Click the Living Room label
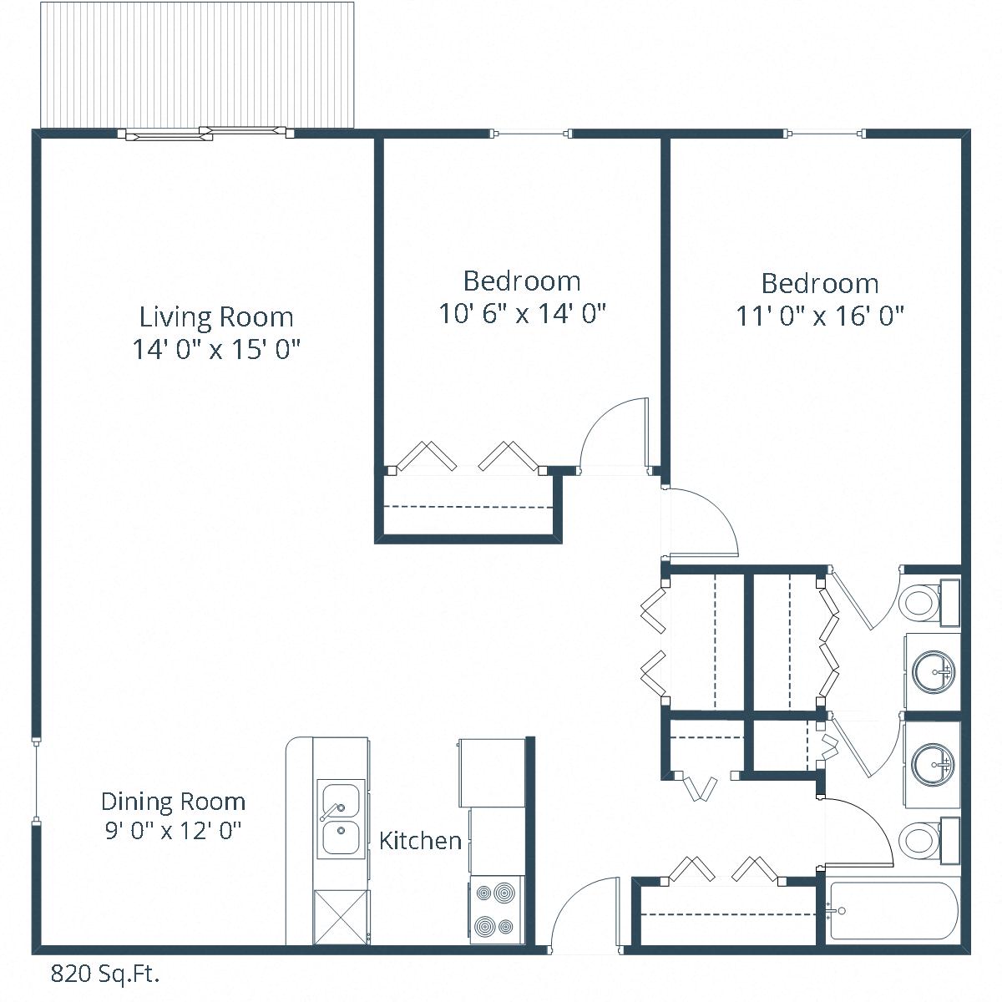216,317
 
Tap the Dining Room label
173,802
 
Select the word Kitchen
420,840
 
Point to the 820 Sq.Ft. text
105,974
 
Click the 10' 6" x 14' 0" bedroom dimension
522,314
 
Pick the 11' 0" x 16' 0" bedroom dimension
820,316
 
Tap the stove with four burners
497,911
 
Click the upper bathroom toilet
923,601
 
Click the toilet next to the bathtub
923,840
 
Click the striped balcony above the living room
197,65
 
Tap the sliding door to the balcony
206,133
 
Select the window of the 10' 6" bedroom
532,134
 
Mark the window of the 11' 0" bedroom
825,134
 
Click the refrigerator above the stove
492,772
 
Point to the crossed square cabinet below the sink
340,918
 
